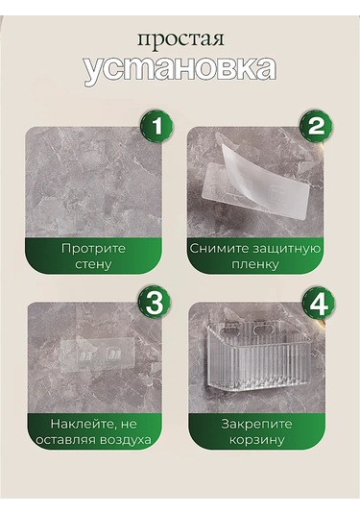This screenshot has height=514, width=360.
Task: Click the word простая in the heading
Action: [x=180, y=40]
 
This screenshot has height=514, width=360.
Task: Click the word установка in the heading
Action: [x=180, y=69]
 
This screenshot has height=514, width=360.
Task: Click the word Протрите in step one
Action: [x=93, y=248]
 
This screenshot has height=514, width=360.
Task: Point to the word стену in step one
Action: [x=93, y=263]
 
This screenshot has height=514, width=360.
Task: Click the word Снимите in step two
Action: [x=220, y=248]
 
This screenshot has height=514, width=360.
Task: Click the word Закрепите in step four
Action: [x=257, y=423]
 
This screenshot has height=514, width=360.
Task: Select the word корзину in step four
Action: [x=257, y=439]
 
